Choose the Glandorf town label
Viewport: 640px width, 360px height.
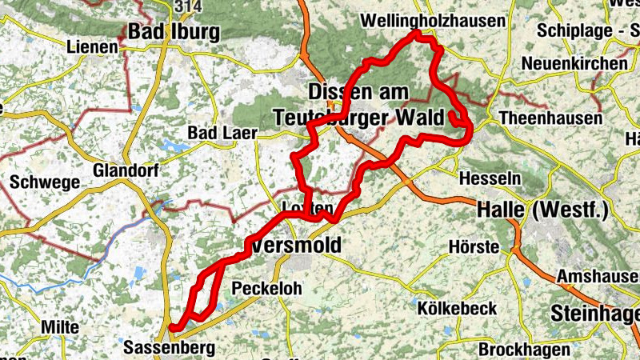pos(126,170)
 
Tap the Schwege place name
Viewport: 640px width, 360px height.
pos(45,182)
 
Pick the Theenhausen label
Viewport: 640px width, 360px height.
pos(550,118)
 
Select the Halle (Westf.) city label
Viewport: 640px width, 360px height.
pos(542,211)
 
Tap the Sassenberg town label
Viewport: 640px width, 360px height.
pos(169,348)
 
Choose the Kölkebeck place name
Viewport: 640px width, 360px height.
pos(457,308)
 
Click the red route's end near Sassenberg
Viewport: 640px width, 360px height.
pos(172,326)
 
